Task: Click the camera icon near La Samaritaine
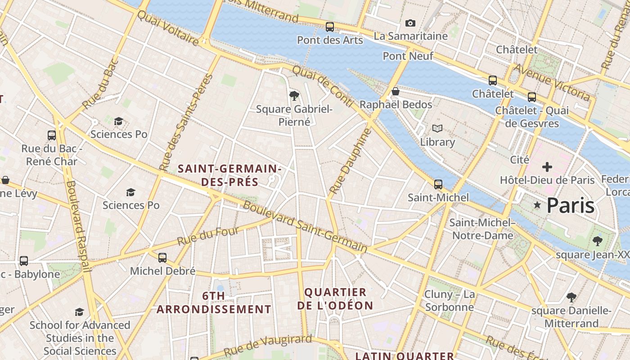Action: [410, 23]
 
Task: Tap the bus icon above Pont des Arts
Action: [330, 27]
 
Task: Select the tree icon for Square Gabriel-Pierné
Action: [294, 95]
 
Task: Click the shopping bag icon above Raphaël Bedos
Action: [396, 91]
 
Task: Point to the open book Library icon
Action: [437, 128]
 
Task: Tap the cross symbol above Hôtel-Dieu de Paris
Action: [547, 167]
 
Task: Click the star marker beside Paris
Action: [537, 205]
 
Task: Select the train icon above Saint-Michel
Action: [438, 184]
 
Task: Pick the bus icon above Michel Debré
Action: [162, 258]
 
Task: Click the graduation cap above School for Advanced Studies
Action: [80, 312]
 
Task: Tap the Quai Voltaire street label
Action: [167, 28]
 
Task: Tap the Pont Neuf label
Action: [408, 56]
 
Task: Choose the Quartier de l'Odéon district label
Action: [335, 299]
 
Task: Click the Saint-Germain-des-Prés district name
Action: [229, 175]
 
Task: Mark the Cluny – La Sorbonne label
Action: [449, 301]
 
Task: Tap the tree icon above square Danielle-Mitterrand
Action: [571, 297]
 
